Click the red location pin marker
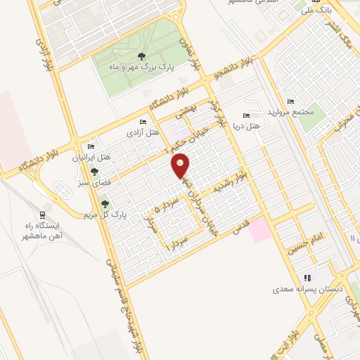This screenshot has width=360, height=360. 181,165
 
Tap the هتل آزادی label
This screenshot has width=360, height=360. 143,132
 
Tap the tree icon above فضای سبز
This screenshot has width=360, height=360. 94,171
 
